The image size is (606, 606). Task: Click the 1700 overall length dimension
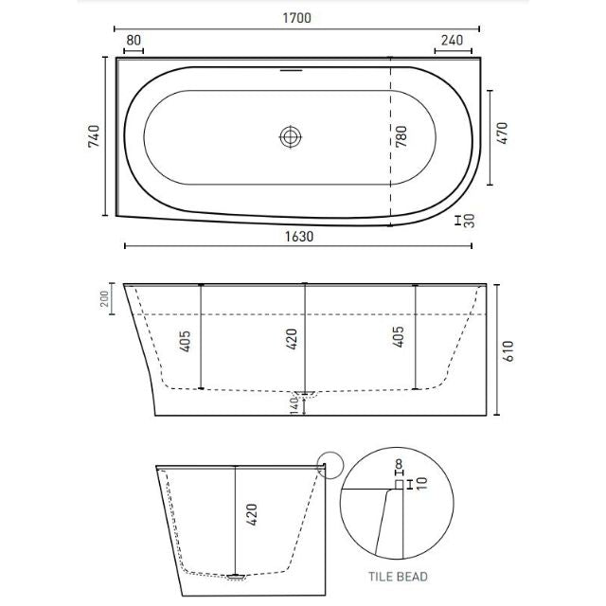tap(296, 18)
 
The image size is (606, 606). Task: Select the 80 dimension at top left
tap(134, 40)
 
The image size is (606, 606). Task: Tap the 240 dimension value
tap(450, 40)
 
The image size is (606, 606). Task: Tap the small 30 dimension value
tap(471, 221)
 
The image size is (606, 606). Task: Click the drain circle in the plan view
tap(290, 137)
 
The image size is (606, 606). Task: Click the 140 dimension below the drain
tap(294, 404)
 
